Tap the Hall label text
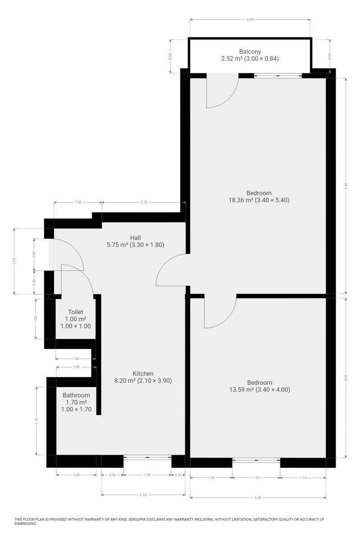tap(135, 238)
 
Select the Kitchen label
tap(143, 373)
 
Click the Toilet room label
tap(76, 312)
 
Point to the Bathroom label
tap(76, 395)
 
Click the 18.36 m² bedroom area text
tap(258, 200)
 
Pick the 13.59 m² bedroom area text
tap(259, 390)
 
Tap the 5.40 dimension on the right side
tap(346, 185)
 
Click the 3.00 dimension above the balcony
tap(250, 20)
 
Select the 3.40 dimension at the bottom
tap(258, 498)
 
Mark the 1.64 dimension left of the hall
tap(14, 261)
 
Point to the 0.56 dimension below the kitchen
tap(112, 475)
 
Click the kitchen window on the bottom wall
tap(147, 458)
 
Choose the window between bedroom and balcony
tap(278, 76)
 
